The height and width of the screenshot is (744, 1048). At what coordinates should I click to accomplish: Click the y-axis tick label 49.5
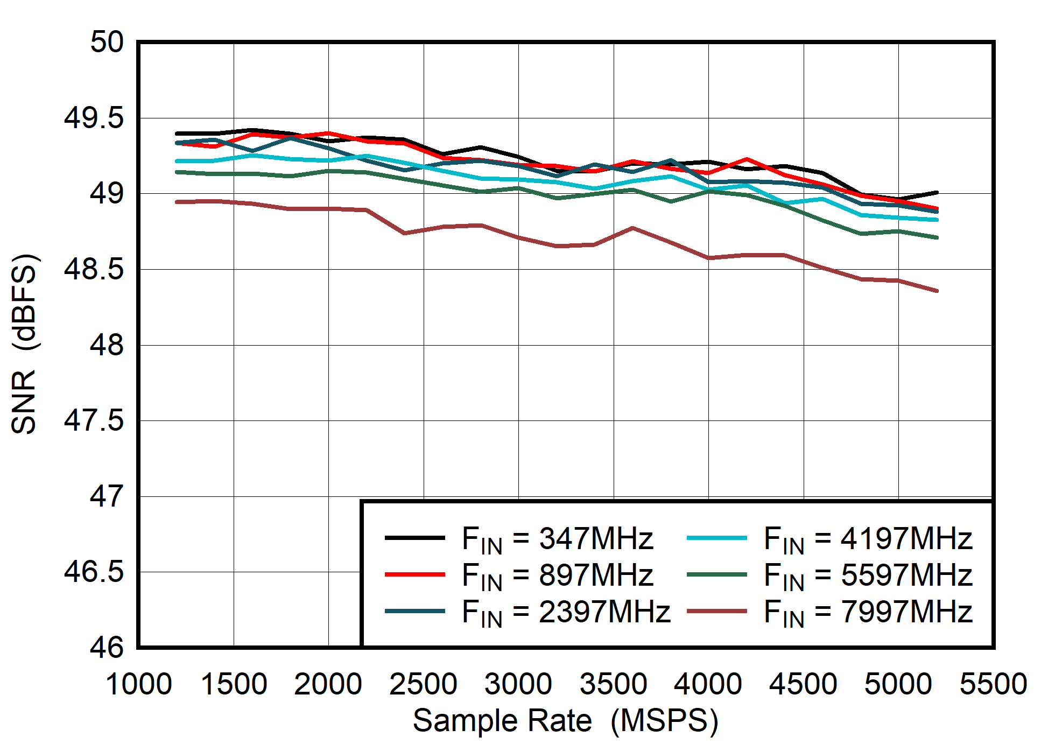94,118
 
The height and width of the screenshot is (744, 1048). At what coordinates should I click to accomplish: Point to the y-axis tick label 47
107,496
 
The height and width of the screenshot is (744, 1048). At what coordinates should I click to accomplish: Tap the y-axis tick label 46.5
94,572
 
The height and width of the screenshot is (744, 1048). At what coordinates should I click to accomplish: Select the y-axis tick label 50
107,42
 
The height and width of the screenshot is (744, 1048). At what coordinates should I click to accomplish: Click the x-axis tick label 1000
138,685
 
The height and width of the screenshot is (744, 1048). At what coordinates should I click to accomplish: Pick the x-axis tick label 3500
613,685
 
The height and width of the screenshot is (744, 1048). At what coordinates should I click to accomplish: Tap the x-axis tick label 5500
993,685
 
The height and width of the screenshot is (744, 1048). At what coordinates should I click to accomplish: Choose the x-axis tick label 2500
423,685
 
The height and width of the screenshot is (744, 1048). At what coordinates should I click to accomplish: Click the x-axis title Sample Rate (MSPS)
565,721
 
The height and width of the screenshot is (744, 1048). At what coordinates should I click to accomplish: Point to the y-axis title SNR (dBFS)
24,345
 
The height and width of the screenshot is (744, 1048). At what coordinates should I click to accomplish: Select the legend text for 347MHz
557,538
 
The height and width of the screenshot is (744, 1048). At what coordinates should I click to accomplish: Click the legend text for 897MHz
557,575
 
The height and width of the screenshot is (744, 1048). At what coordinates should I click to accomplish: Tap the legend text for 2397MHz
566,612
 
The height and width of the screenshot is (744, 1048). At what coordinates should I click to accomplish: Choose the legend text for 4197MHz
868,538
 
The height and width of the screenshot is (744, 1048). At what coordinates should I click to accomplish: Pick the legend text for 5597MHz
868,575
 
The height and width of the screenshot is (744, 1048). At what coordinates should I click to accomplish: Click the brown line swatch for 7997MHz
717,611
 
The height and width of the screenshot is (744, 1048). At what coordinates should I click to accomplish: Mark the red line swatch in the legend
414,574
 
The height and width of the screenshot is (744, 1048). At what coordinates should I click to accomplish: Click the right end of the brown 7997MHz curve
937,291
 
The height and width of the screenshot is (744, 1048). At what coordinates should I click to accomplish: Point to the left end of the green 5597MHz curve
178,172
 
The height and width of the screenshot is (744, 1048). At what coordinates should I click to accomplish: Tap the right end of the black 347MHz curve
937,192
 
